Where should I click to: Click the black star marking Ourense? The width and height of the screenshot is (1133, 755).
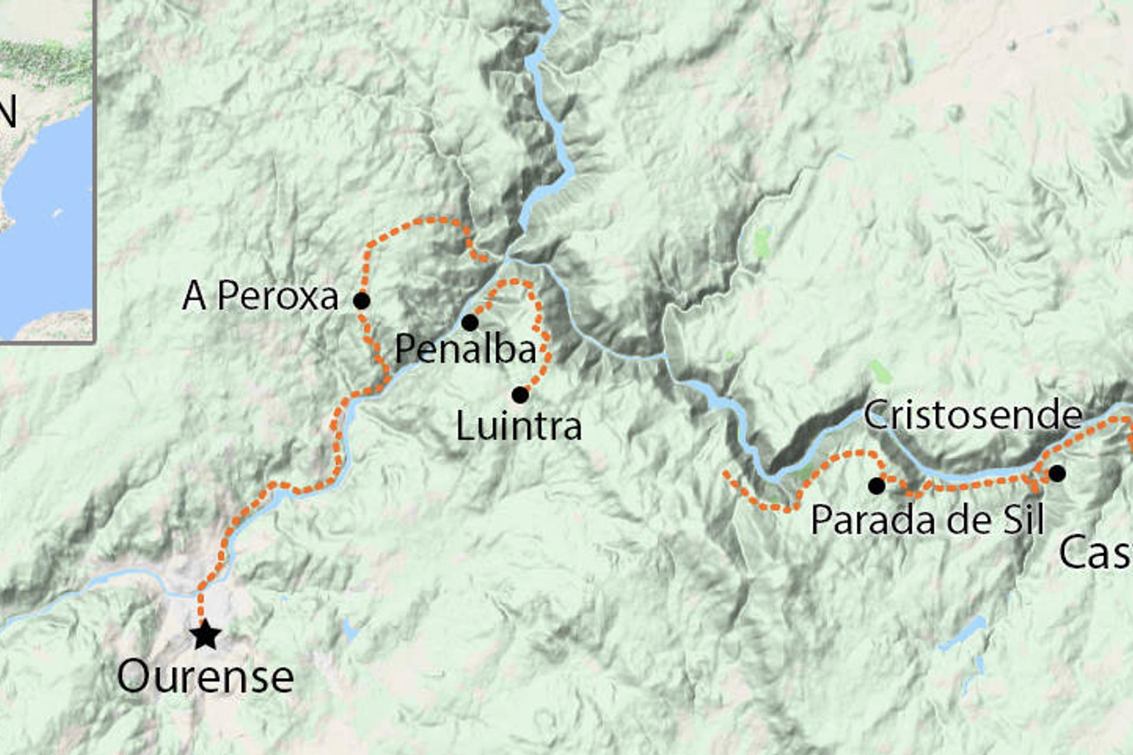pos(205,636)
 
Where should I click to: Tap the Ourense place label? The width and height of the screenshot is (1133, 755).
pos(205,677)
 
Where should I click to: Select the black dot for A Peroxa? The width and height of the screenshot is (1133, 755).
pos(362,301)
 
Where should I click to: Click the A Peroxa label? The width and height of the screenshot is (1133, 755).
pos(260,296)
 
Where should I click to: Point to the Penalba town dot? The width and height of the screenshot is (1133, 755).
pos(470,323)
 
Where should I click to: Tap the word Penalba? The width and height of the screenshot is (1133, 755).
pos(466,349)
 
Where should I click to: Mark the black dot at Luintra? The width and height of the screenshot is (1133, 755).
pos(520,395)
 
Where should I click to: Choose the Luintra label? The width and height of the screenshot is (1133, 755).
pos(519,426)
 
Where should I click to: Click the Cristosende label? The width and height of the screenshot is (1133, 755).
pos(972,415)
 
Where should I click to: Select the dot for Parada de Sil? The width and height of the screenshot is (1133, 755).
pos(877,486)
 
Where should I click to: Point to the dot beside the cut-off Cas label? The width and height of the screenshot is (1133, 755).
pos(1057,473)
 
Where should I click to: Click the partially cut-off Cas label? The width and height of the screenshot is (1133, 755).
pos(1095,553)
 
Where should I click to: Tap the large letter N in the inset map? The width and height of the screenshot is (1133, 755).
pos(7,112)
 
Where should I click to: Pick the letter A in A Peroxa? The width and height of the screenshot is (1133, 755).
pos(194,296)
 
